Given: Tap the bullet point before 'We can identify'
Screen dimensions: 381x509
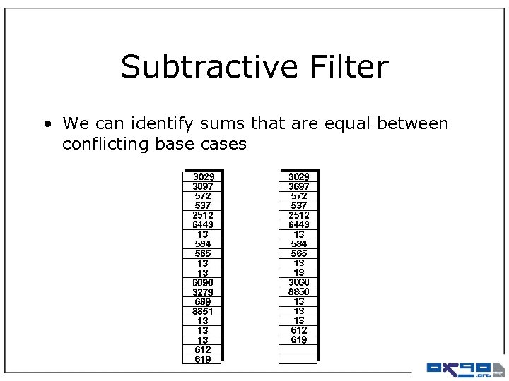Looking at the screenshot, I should (47, 124).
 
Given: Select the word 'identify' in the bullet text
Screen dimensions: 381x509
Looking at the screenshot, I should (167, 124).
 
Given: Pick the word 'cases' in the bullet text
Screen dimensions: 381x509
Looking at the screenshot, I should (223, 145).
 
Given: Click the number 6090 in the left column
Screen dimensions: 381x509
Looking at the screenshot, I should (203, 282).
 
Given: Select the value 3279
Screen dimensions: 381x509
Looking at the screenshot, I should (203, 292).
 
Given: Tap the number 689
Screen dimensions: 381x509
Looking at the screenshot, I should (203, 301).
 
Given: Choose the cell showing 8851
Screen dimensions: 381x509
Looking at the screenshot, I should (203, 311).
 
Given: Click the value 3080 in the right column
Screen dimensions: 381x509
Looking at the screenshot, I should (298, 282).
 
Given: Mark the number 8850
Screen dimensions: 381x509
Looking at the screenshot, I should (298, 292).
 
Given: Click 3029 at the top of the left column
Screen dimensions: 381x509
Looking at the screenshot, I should (203, 176).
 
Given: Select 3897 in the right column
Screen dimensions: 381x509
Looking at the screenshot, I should (298, 186).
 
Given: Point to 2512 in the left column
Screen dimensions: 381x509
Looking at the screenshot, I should (203, 215).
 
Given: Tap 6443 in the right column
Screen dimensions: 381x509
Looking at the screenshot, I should (298, 224).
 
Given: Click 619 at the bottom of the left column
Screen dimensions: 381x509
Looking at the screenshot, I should (203, 359).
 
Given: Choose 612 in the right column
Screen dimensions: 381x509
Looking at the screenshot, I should (298, 330).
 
